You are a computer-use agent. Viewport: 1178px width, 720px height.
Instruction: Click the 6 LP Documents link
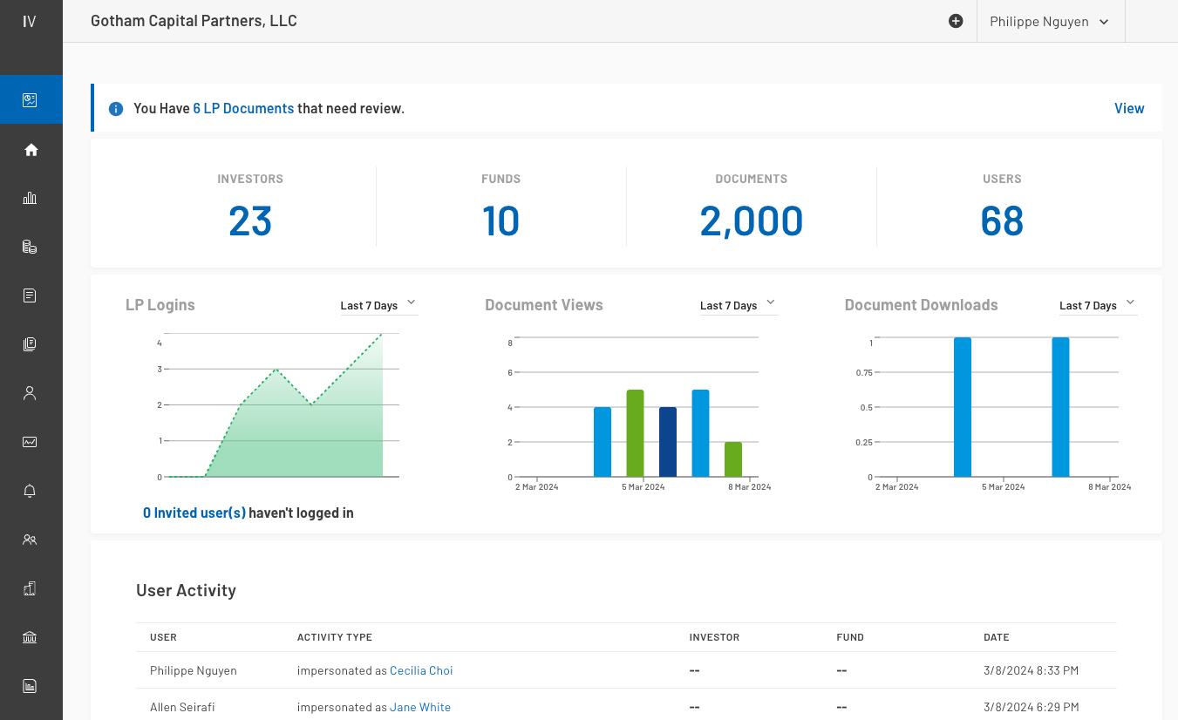(243, 109)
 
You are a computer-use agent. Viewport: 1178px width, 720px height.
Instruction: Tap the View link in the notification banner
(1128, 109)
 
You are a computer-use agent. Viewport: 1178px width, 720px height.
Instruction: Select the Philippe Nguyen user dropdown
(1049, 22)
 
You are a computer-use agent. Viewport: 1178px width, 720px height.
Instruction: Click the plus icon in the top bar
(956, 22)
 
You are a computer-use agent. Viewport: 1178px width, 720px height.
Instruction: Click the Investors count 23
(250, 221)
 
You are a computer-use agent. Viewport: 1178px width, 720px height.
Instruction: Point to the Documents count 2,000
(751, 221)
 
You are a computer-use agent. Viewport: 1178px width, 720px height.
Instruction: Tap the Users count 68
(1001, 221)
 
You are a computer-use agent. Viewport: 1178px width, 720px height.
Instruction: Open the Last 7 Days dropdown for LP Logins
(378, 305)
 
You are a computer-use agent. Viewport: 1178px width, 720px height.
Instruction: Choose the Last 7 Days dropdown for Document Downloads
(1097, 305)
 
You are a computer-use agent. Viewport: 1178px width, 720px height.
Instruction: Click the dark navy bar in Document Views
(668, 442)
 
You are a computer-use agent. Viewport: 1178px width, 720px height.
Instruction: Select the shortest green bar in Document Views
(733, 459)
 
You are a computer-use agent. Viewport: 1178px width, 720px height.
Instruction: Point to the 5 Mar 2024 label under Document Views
(643, 487)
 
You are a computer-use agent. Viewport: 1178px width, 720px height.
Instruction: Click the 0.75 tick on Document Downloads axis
(864, 372)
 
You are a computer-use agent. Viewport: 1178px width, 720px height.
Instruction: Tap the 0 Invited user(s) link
(194, 513)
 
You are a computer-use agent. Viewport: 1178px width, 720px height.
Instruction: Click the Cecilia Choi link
(421, 670)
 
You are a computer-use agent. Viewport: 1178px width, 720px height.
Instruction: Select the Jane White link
(420, 707)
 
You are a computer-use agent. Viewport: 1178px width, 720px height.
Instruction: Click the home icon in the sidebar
(31, 150)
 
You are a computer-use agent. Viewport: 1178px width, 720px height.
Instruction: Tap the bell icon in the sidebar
(31, 492)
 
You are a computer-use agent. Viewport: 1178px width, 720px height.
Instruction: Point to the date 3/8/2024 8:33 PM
(1031, 670)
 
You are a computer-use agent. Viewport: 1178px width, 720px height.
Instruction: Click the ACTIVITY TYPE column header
(335, 637)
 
